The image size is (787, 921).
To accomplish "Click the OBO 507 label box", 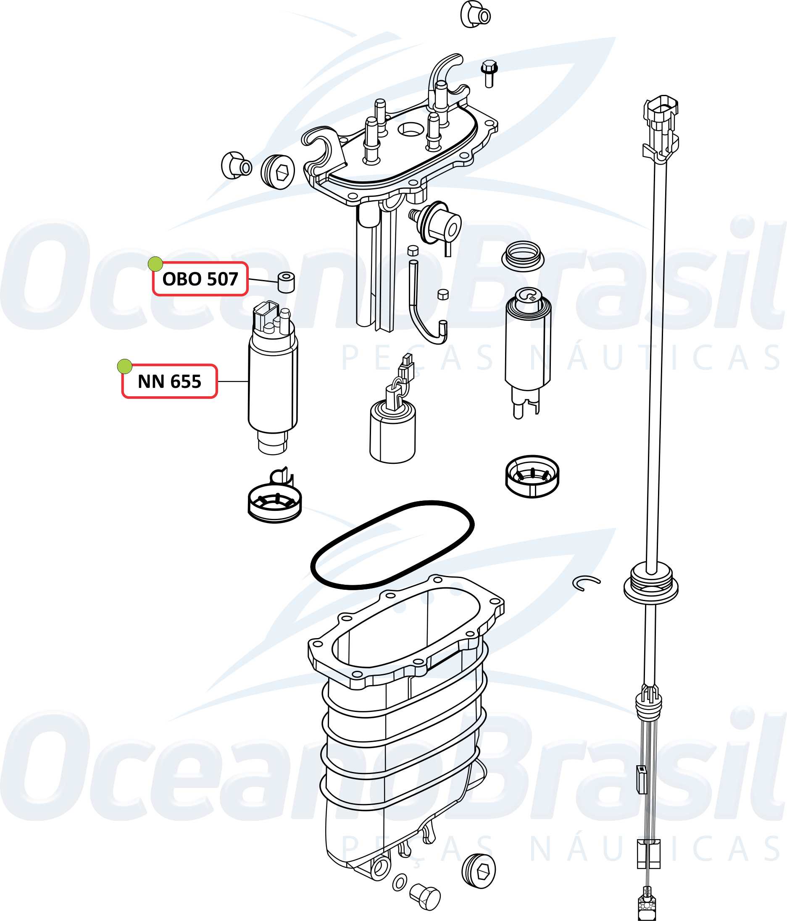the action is [200, 279].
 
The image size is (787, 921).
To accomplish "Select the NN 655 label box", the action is [169, 382].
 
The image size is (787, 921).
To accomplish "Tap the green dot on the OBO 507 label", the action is [155, 264].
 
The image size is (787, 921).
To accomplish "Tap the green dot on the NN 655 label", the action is [124, 367].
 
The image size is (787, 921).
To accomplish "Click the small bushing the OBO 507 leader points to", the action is [287, 282].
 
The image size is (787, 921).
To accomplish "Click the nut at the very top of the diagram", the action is [475, 15].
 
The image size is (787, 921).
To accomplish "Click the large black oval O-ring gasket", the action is [392, 545].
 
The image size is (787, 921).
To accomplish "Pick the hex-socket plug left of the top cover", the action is [278, 172].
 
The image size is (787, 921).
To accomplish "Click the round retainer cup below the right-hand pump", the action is [532, 476].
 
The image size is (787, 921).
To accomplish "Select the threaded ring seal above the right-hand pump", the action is [523, 256].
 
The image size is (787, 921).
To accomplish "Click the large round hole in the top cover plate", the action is [411, 129].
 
